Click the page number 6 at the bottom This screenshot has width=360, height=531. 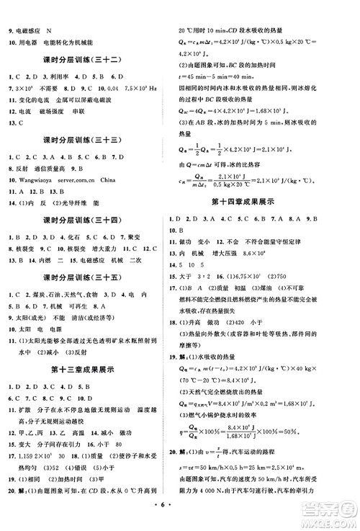click(179, 519)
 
